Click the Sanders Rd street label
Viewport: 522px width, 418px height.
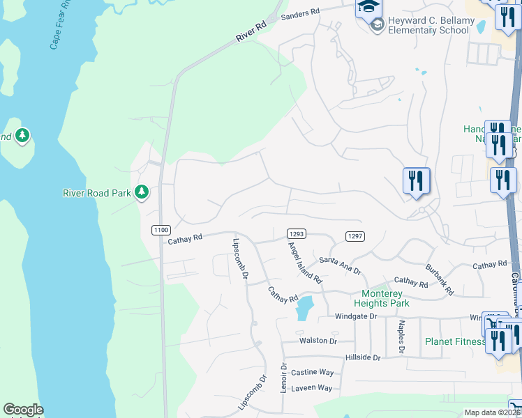(300, 13)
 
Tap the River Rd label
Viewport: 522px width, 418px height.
(251, 31)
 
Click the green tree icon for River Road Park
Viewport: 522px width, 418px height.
(142, 192)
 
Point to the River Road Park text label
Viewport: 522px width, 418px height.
(97, 192)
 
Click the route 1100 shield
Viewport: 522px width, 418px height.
(161, 229)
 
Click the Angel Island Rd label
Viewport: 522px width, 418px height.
(305, 262)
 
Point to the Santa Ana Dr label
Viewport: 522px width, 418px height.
(340, 265)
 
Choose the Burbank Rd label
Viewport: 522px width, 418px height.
(440, 279)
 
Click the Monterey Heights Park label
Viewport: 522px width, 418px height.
(385, 298)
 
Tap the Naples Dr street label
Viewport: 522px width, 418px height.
(401, 336)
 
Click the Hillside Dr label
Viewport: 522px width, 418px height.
(363, 357)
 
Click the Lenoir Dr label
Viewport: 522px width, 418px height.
(284, 376)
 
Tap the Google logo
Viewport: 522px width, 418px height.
(23, 410)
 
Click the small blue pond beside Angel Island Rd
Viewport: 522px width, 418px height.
(305, 307)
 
